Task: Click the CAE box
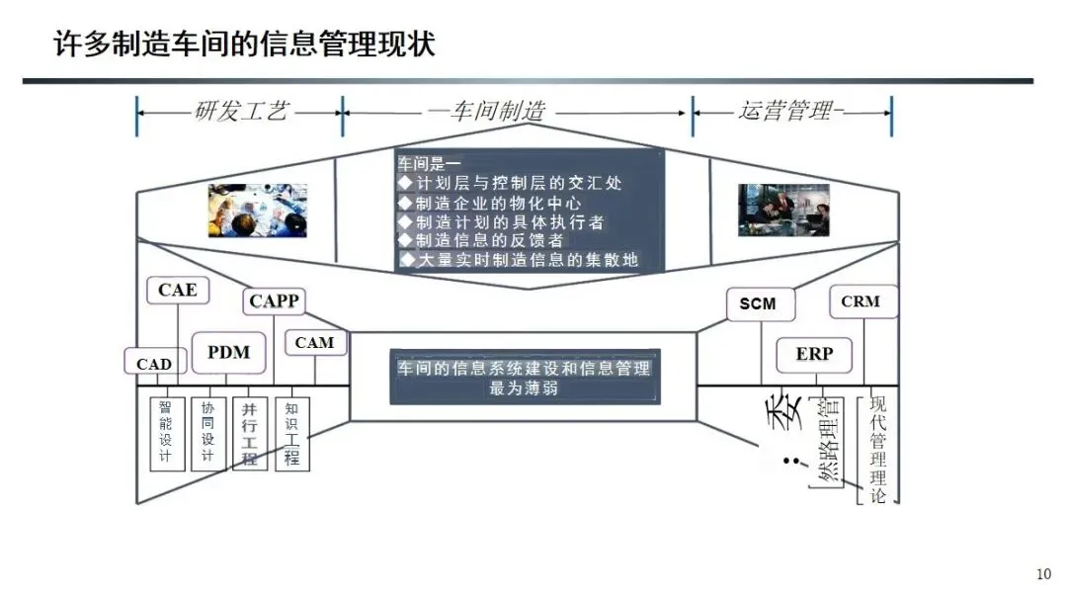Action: [x=178, y=290]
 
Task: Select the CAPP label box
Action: [x=274, y=300]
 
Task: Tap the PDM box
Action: [x=228, y=352]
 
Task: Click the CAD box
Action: [x=154, y=364]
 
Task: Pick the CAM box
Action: [x=315, y=343]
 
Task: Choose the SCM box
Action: [x=758, y=304]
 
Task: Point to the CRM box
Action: [x=861, y=301]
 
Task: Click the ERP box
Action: [x=814, y=354]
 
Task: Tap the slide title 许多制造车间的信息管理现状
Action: [x=243, y=44]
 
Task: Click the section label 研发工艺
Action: [x=242, y=111]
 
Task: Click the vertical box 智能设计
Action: [x=166, y=432]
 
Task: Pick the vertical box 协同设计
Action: [x=207, y=432]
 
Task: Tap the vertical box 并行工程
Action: [x=249, y=432]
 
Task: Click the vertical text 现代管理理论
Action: [x=877, y=450]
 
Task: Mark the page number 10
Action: [x=1043, y=574]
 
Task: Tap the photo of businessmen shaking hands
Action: [x=777, y=210]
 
